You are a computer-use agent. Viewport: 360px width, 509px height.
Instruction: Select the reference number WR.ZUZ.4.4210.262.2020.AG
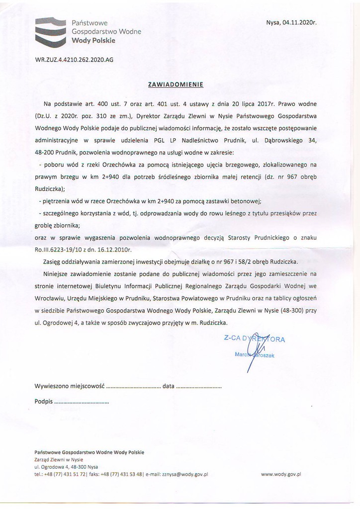[x=74, y=59]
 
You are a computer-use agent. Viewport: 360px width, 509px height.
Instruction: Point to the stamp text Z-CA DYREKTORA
[x=254, y=339]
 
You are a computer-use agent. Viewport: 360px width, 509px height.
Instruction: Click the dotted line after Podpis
[x=82, y=401]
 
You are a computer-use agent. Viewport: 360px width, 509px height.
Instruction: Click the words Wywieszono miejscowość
[x=69, y=386]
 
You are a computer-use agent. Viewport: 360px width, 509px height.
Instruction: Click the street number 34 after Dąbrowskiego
[x=312, y=140]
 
